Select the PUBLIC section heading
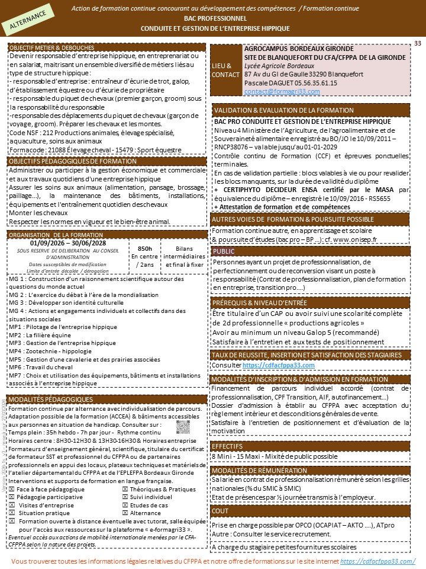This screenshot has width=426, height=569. pos(224,251)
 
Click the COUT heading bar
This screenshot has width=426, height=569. pos(220,510)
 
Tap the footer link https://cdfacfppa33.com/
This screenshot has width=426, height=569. pos(377,561)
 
